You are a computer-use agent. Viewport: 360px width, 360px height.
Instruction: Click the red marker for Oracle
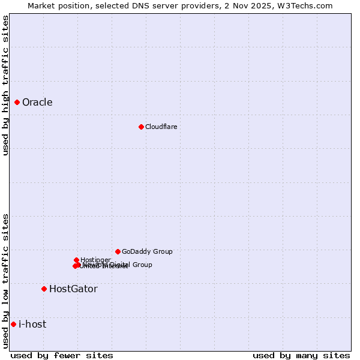point(17,102)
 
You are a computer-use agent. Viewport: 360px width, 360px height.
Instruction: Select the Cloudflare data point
point(141,127)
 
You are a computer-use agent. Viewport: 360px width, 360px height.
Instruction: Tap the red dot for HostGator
point(44,289)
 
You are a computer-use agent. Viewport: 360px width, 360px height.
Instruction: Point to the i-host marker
point(13,324)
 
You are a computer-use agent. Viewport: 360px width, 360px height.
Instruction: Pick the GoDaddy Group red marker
point(118,251)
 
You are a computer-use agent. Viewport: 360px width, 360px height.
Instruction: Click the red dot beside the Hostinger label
point(76,260)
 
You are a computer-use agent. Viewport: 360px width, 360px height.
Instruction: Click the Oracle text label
point(37,102)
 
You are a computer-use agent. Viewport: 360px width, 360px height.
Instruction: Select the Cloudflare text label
point(161,127)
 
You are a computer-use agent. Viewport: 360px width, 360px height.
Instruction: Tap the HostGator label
point(73,289)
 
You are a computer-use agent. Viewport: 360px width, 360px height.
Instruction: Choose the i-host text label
point(32,324)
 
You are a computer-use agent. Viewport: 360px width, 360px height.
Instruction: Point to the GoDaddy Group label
point(147,251)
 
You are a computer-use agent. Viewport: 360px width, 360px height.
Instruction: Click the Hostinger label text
point(95,260)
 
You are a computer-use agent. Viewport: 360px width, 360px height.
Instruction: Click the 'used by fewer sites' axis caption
point(62,355)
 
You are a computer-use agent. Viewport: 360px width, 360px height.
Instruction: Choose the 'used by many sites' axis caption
point(301,355)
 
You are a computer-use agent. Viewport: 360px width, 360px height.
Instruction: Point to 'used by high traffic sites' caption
point(5,85)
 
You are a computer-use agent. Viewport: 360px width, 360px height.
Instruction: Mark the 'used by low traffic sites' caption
point(5,281)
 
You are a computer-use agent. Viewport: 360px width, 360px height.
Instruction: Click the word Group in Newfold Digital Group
point(142,265)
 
